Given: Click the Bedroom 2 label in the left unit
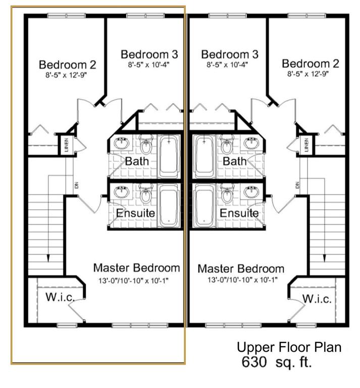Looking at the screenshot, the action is click(x=68, y=65).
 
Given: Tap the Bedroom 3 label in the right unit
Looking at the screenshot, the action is click(x=230, y=55).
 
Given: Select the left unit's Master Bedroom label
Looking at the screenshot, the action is click(x=136, y=268).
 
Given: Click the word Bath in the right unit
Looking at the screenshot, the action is click(x=235, y=161).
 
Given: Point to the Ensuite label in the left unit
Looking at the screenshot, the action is click(x=135, y=213).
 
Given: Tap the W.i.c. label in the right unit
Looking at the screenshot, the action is click(x=317, y=299).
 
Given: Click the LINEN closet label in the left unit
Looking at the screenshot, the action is click(x=66, y=145).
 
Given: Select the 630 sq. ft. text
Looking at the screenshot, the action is click(x=276, y=362).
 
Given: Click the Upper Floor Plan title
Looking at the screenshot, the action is click(x=289, y=347).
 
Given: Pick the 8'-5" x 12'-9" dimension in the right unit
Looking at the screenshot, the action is click(x=308, y=74).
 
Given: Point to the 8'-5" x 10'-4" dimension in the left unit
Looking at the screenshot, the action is click(x=148, y=65).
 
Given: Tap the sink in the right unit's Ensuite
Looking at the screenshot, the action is click(x=251, y=191).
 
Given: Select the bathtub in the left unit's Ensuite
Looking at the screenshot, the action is click(x=169, y=205).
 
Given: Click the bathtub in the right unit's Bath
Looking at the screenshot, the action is click(x=204, y=156).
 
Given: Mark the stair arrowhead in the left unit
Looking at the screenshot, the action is click(x=48, y=258).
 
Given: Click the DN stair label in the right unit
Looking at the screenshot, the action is click(x=297, y=184).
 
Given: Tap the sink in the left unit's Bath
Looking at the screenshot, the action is click(x=121, y=143).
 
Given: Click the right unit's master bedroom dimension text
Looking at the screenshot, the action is click(x=242, y=280).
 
